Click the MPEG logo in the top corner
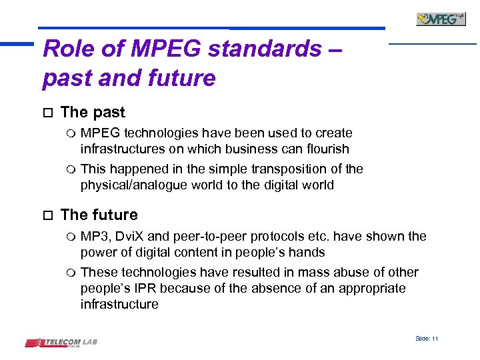pos(441,19)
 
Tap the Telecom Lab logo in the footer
pos(61,343)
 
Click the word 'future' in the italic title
pos(179,78)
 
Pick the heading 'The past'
pos(93,113)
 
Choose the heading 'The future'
pos(99,215)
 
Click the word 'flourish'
pos(326,149)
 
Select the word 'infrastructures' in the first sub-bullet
pos(123,149)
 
